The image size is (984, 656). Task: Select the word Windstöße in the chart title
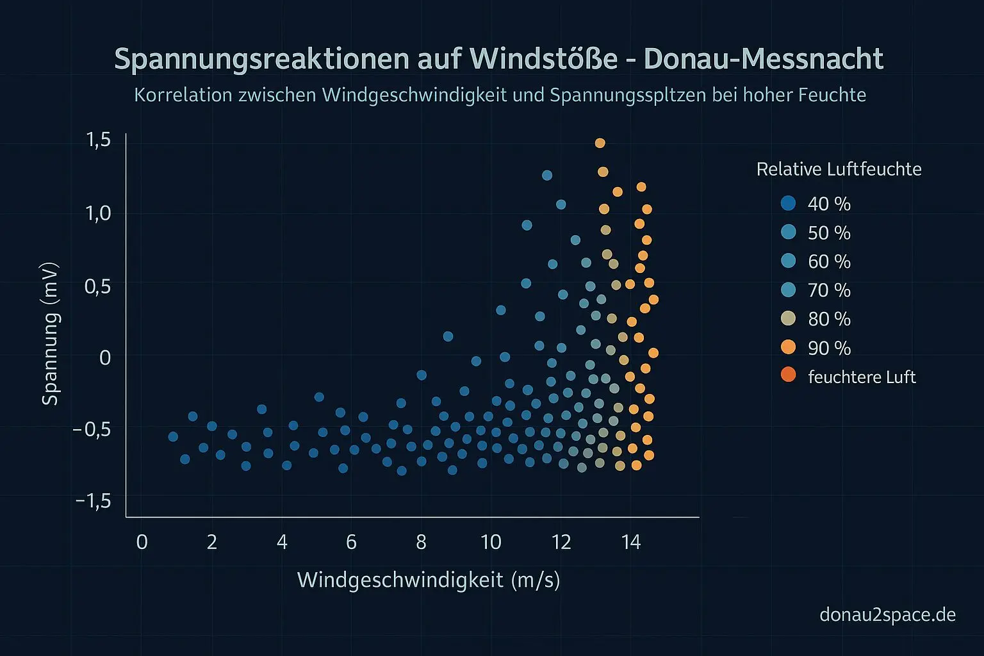pos(543,59)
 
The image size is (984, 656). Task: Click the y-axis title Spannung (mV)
pos(50,333)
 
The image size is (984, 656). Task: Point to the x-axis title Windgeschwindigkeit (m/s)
pos(429,580)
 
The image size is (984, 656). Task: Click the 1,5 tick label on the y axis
pos(98,140)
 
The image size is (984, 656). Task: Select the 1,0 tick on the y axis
pos(98,213)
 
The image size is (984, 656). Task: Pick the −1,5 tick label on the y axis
pos(94,500)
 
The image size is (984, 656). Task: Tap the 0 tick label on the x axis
pos(142,543)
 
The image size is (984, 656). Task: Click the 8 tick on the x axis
pos(421,543)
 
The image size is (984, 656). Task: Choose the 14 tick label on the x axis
pos(630,543)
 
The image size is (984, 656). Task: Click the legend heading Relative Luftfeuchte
pos(839,169)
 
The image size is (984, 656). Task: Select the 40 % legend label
pos(829,204)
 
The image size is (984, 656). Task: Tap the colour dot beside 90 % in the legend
pos(788,347)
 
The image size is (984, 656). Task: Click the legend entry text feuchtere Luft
pos(862,377)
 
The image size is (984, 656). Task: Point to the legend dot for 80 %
pos(788,318)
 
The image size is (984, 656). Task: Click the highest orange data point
pos(600,143)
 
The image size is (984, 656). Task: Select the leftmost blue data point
pos(173,436)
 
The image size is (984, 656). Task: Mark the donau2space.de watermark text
pos(887,615)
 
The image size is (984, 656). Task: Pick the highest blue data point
pos(547,175)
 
